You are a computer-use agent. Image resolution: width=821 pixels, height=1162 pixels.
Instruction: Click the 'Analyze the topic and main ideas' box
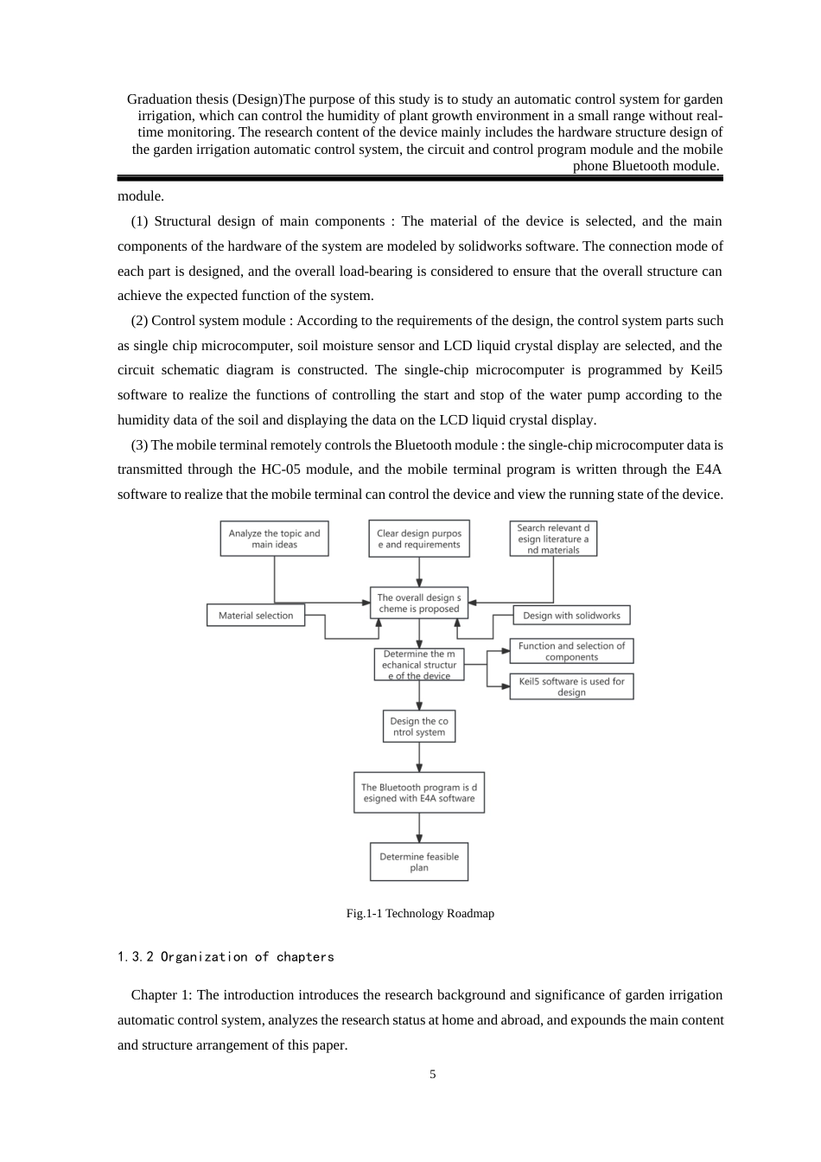tap(274, 539)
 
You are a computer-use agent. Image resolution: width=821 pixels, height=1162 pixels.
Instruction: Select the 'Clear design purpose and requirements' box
tap(419, 539)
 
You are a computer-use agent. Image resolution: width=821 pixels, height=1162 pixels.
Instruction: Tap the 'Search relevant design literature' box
tap(553, 539)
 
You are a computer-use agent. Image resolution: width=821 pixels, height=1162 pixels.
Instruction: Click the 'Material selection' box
tap(256, 616)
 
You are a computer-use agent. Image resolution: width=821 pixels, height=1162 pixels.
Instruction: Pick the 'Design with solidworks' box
tap(571, 616)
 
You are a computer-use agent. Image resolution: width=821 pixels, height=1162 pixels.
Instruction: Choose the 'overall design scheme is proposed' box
tap(419, 603)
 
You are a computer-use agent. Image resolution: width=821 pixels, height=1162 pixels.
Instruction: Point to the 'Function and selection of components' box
tap(571, 651)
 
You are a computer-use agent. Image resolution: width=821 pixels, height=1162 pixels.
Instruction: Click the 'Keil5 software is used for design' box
tap(571, 686)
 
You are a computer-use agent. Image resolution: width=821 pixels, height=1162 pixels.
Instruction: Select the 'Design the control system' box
tap(419, 726)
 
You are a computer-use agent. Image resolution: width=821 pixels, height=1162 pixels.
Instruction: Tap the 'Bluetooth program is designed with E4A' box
tap(419, 793)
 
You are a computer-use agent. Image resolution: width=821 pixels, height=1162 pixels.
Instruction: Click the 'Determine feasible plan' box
tap(419, 862)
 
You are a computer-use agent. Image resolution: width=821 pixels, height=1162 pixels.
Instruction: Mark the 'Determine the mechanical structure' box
tap(419, 665)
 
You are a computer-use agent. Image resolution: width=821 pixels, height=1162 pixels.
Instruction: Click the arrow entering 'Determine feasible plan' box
tap(419, 828)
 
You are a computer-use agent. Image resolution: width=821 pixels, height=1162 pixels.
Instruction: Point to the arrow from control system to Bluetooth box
tap(419, 757)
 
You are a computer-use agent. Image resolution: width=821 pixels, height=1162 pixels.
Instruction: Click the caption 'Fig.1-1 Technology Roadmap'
tap(420, 913)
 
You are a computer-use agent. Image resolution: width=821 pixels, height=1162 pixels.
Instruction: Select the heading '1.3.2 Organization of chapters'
tap(226, 957)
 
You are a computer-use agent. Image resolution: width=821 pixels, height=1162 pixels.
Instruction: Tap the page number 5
tap(433, 1075)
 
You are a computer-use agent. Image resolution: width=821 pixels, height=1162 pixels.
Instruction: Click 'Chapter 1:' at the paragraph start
tap(162, 995)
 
